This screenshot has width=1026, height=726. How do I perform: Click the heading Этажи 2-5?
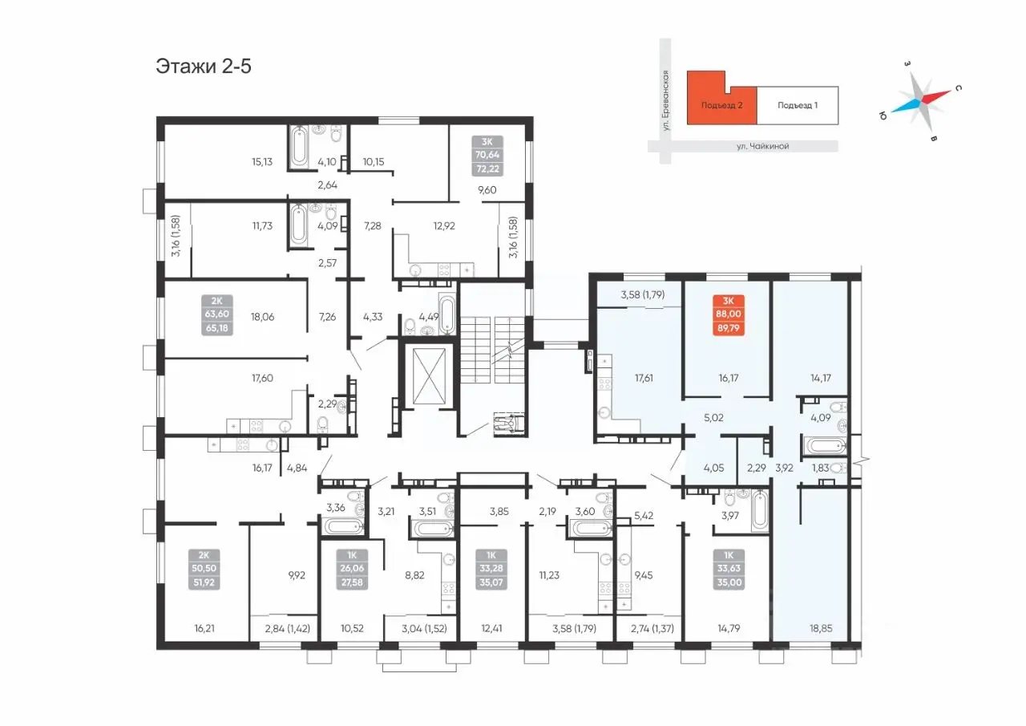[204, 67]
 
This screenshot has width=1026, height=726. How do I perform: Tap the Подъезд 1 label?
[798, 105]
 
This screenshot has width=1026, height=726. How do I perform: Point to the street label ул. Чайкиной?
[762, 146]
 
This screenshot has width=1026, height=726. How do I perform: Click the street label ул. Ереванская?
[665, 100]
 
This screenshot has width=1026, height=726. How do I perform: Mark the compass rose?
[921, 100]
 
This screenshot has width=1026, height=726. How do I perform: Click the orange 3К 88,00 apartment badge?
[729, 315]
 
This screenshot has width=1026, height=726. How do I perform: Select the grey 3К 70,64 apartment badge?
[487, 156]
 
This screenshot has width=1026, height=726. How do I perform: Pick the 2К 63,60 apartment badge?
[216, 315]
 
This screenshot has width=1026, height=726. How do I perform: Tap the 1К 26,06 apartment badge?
[352, 570]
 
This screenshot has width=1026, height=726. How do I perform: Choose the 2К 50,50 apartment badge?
[204, 570]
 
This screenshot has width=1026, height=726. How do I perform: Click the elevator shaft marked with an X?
[429, 376]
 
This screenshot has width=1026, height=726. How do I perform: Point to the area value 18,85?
[820, 628]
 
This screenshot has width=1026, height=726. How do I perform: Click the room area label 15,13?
[262, 162]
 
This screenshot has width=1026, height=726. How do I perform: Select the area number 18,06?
[262, 317]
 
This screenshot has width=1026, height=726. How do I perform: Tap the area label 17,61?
[644, 378]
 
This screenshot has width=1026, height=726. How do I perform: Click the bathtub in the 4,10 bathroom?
[299, 148]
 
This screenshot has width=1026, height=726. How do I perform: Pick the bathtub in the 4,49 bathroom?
[446, 315]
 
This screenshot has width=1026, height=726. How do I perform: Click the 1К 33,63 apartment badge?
[729, 570]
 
